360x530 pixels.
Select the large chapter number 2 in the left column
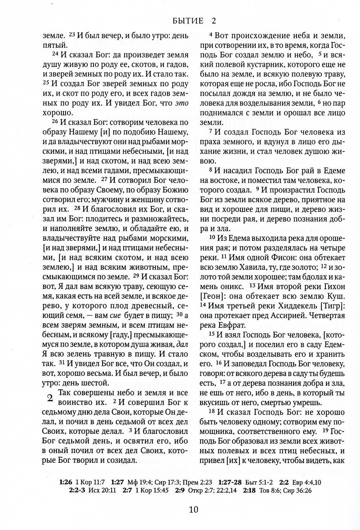tap(50, 398)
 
